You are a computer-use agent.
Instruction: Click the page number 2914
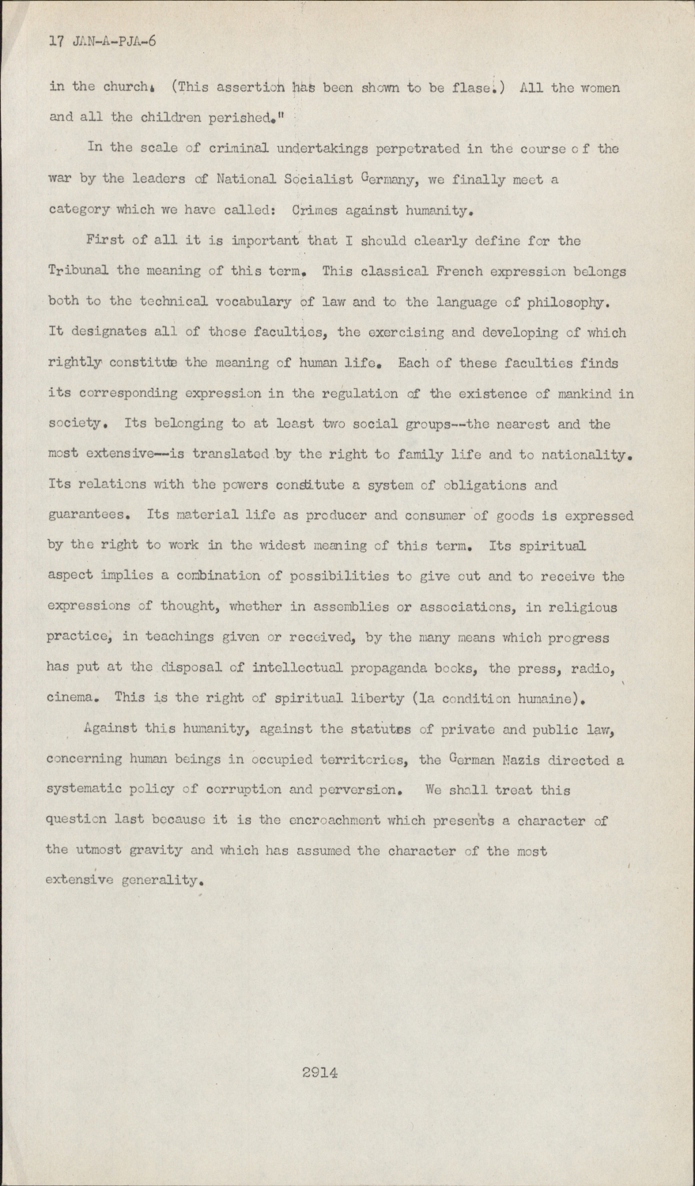pos(319,1073)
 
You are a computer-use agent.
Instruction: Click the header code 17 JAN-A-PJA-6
pos(102,42)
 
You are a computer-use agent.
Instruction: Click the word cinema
pos(75,698)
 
